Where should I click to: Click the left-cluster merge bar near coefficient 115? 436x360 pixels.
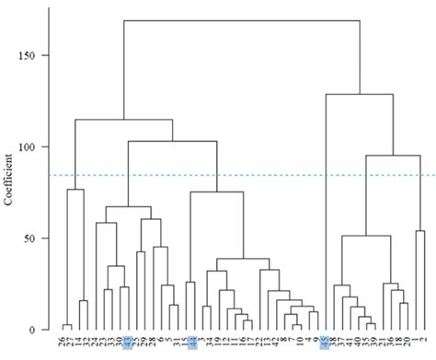click(123, 120)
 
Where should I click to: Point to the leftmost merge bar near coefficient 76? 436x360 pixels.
click(75, 190)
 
